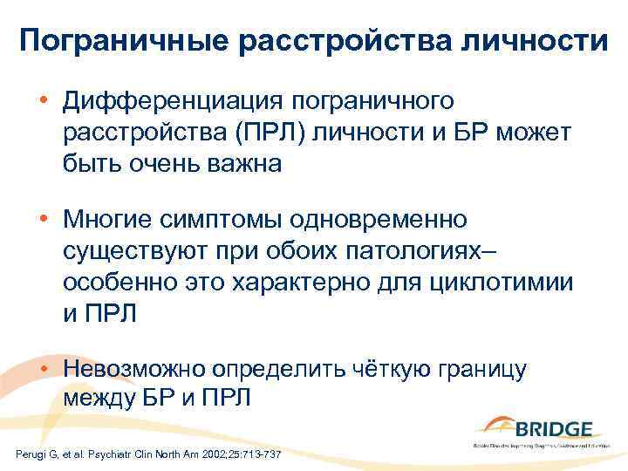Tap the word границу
point(477,366)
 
